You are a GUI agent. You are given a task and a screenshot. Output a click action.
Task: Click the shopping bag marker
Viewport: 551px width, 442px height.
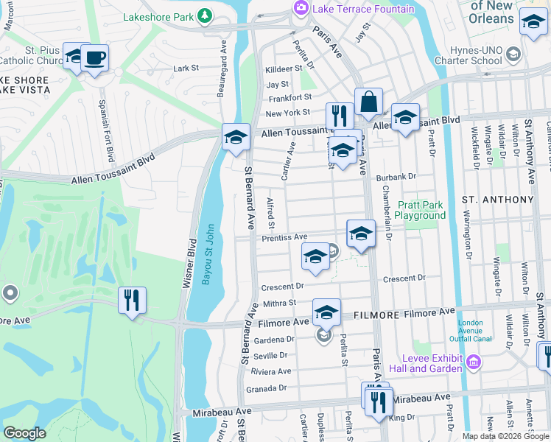(368, 102)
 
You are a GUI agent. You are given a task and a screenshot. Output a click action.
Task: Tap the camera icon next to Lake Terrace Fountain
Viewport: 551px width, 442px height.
(301, 8)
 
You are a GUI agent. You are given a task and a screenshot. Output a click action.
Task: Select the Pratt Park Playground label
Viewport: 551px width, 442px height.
(420, 210)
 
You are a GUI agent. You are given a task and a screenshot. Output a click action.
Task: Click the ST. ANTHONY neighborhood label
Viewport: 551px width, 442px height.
(497, 200)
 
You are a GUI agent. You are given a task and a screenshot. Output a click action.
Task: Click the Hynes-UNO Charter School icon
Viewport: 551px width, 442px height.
(513, 54)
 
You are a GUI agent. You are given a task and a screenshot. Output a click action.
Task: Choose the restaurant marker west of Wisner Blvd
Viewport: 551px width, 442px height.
(133, 300)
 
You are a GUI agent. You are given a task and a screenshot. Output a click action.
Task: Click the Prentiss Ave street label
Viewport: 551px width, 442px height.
(284, 237)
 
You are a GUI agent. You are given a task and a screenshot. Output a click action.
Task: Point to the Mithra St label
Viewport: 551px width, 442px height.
(279, 302)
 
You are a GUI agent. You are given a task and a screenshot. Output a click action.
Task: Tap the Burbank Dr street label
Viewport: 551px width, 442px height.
(396, 177)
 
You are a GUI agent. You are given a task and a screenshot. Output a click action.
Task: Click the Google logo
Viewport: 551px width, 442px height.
(24, 433)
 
